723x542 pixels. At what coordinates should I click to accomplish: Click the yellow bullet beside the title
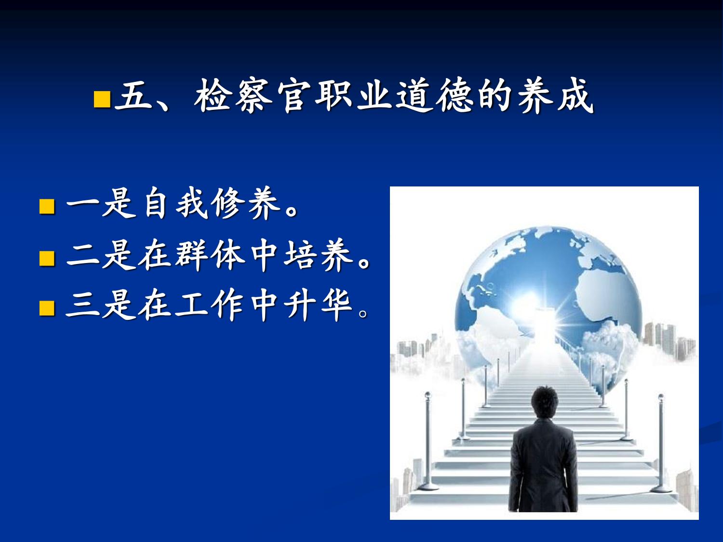click(102, 99)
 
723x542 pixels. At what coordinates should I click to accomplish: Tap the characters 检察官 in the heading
click(253, 96)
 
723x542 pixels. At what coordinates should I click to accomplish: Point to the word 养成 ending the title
click(555, 96)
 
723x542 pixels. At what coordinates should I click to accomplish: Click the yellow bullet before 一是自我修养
click(47, 206)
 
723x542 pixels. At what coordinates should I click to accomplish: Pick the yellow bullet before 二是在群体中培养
click(47, 258)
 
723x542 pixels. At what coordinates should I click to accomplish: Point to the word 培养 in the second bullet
click(318, 255)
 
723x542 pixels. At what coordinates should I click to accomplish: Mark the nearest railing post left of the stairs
click(428, 441)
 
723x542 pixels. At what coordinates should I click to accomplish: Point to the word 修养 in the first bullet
click(246, 203)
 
